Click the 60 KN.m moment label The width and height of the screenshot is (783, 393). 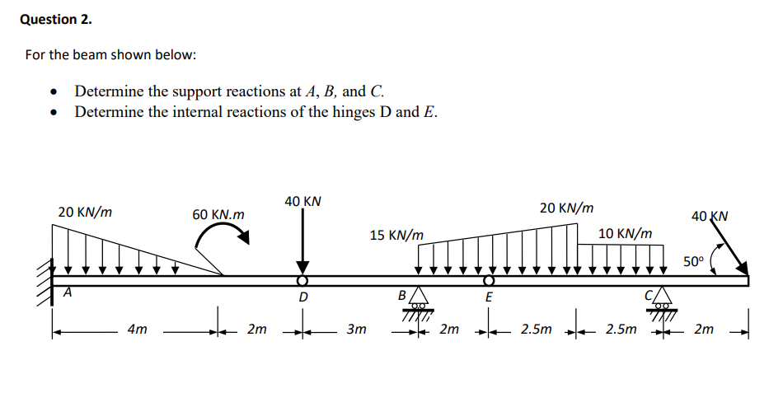218,214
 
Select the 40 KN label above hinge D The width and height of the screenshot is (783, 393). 302,201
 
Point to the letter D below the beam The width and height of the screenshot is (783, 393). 302,297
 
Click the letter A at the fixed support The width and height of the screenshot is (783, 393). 69,291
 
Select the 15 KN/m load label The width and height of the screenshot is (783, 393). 396,236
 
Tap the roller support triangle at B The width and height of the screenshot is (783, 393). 420,295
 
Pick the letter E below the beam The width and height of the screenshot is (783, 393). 489,297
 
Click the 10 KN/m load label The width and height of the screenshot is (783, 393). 625,234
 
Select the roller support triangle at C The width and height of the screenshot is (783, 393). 660,295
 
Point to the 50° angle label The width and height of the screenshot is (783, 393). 694,262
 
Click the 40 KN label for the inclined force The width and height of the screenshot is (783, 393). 710,217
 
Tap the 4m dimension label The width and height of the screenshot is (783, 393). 138,330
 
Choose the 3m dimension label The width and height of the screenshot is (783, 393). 355,330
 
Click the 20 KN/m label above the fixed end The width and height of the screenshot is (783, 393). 85,212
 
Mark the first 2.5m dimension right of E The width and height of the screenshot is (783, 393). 537,330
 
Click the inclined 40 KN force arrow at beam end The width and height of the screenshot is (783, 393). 728,248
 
